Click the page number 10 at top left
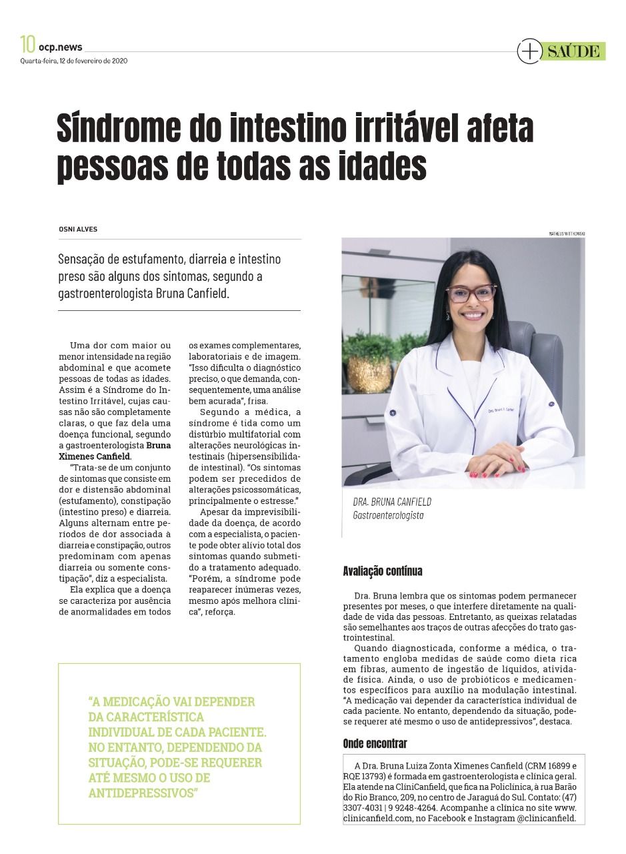click(27, 45)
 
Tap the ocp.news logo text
click(61, 47)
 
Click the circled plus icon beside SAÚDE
click(529, 51)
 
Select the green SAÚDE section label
click(573, 51)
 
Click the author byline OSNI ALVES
click(78, 229)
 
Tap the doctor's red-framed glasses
click(471, 294)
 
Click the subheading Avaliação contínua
click(382, 571)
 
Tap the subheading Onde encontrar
click(375, 743)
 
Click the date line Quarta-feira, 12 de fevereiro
click(73, 61)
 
